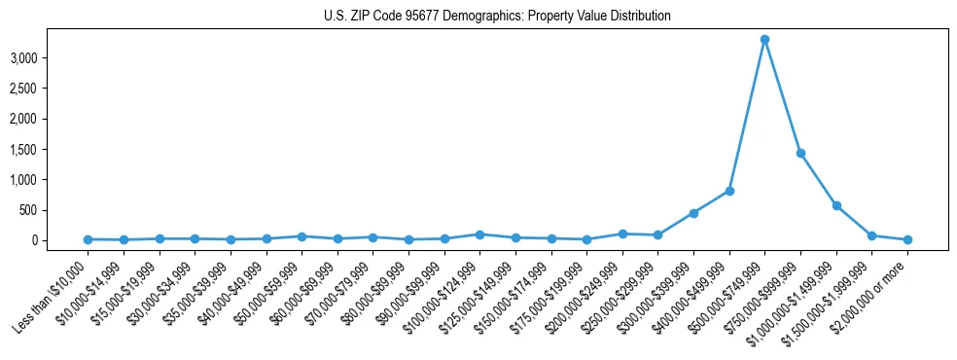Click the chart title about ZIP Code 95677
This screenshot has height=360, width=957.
pyautogui.click(x=497, y=17)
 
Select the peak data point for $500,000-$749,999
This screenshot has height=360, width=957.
pyautogui.click(x=764, y=40)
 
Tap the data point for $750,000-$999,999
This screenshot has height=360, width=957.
pyautogui.click(x=800, y=153)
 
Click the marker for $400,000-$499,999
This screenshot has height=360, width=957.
pyautogui.click(x=729, y=191)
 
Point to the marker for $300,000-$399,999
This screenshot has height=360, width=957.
pyautogui.click(x=693, y=213)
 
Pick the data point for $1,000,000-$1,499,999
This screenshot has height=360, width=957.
pyautogui.click(x=836, y=205)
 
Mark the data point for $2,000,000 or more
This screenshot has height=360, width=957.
pyautogui.click(x=907, y=239)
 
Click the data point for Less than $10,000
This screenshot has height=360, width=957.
pyautogui.click(x=88, y=239)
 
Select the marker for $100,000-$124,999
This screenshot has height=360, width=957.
pyautogui.click(x=479, y=234)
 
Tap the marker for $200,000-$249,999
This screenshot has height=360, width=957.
pyautogui.click(x=622, y=234)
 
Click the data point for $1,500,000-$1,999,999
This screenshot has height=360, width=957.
pyautogui.click(x=871, y=235)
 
